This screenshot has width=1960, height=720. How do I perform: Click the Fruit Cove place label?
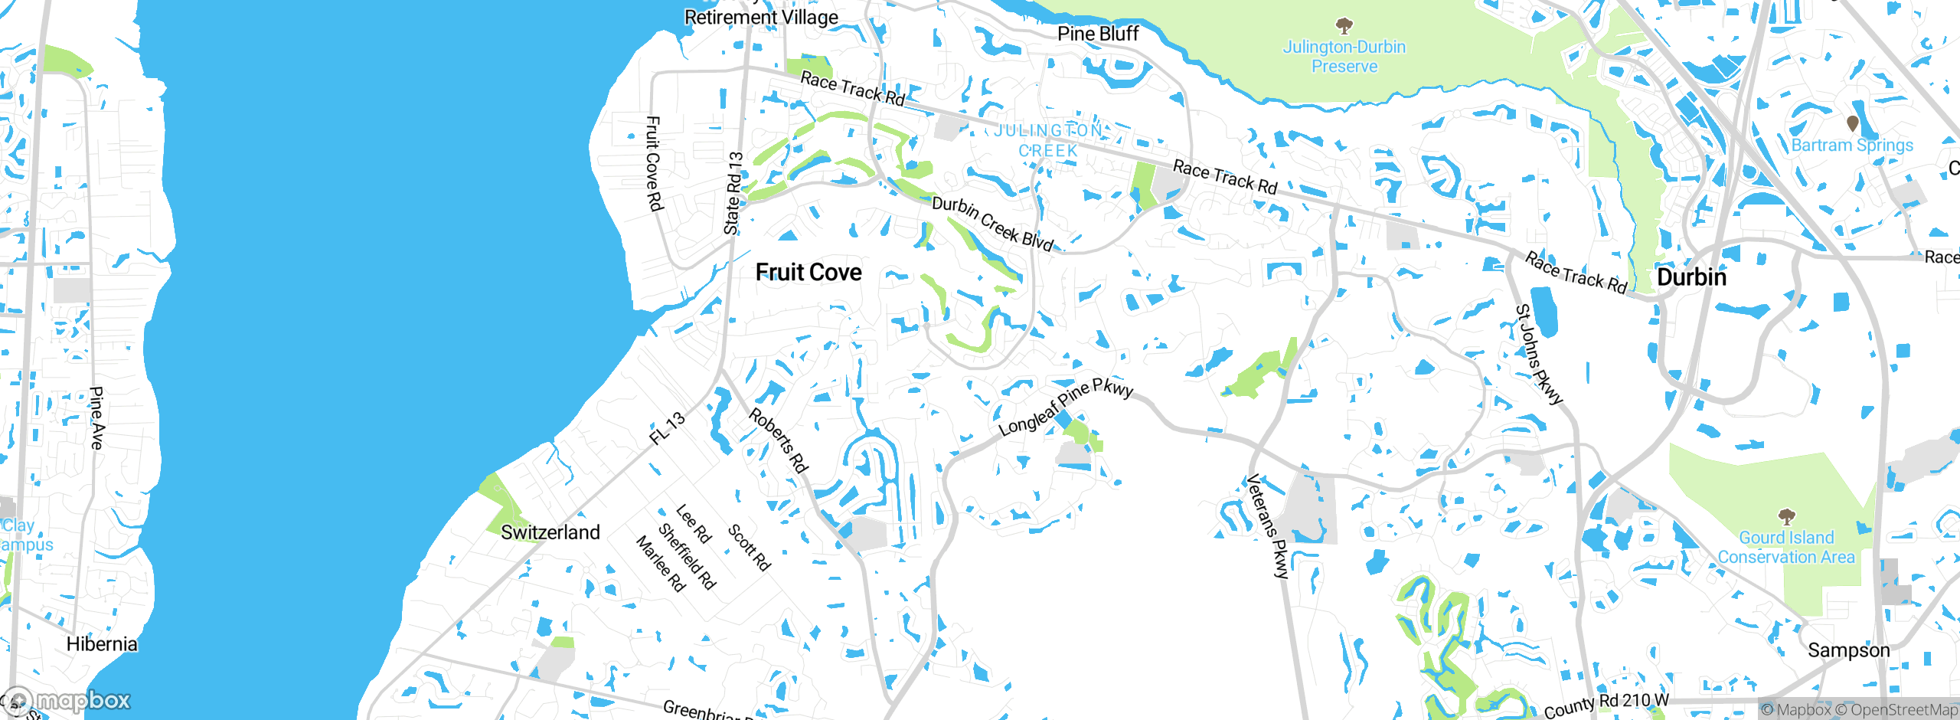pyautogui.click(x=808, y=273)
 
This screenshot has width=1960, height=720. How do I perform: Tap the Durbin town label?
pyautogui.click(x=1691, y=277)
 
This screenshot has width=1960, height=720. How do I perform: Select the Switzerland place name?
pyautogui.click(x=550, y=532)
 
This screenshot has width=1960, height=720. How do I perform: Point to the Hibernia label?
pyautogui.click(x=102, y=644)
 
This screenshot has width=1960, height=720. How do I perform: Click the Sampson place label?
pyautogui.click(x=1848, y=650)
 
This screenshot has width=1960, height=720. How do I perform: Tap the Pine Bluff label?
pyautogui.click(x=1098, y=34)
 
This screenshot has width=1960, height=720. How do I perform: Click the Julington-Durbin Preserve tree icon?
pyautogui.click(x=1344, y=27)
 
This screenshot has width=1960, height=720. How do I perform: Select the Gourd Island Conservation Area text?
pyautogui.click(x=1786, y=548)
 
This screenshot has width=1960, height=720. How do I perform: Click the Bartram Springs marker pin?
pyautogui.click(x=1853, y=123)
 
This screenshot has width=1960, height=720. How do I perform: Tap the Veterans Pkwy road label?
pyautogui.click(x=1267, y=526)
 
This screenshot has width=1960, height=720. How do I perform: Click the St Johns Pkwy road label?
pyautogui.click(x=1539, y=354)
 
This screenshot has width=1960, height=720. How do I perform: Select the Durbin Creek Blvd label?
pyautogui.click(x=992, y=224)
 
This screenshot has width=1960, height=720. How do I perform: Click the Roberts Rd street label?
pyautogui.click(x=779, y=440)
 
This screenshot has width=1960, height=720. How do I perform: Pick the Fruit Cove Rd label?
pyautogui.click(x=653, y=163)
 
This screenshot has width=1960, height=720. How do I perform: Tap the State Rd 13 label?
pyautogui.click(x=733, y=193)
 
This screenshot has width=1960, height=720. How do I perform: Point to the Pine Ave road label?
pyautogui.click(x=96, y=417)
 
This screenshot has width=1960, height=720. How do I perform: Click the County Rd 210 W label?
pyautogui.click(x=1606, y=705)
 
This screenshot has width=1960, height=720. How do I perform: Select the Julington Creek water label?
pyautogui.click(x=1049, y=141)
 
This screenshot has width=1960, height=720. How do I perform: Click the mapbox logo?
pyautogui.click(x=67, y=701)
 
